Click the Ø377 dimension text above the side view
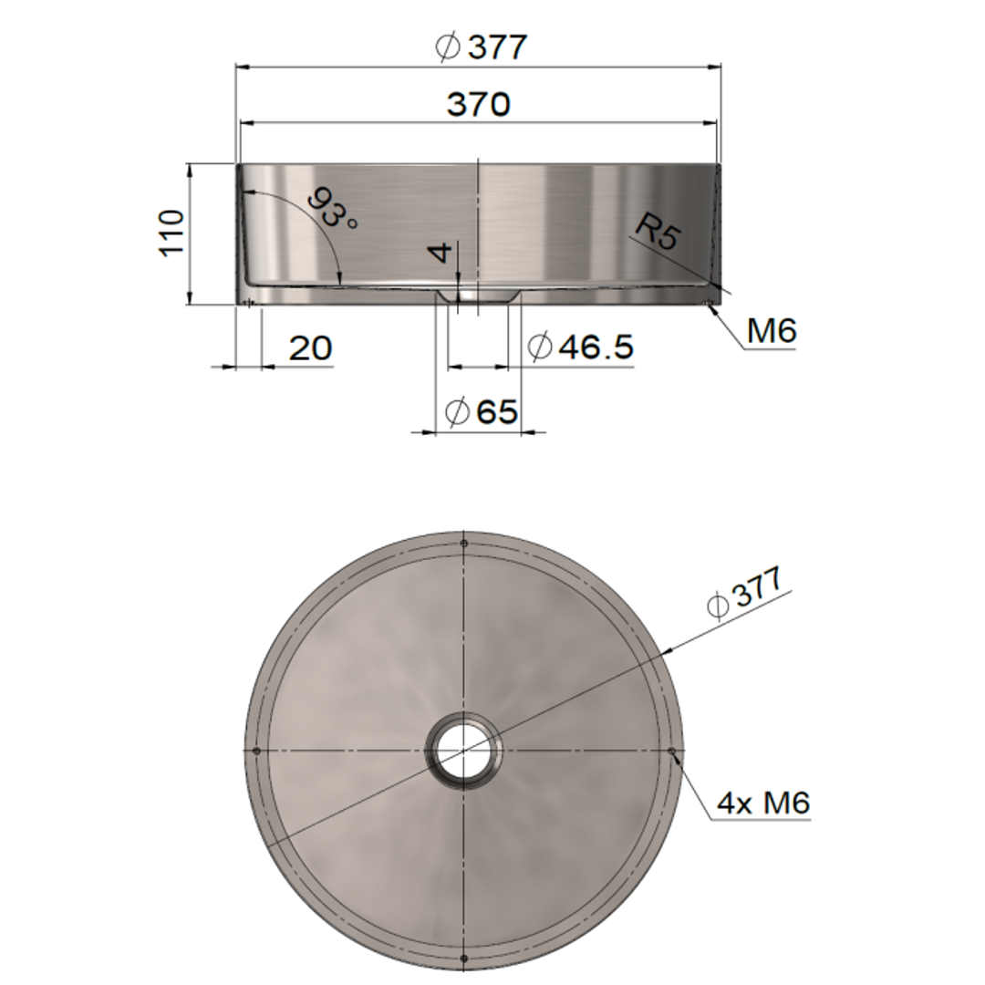(x=482, y=47)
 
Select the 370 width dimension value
(x=478, y=105)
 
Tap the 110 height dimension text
(x=171, y=233)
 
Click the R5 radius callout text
(x=658, y=232)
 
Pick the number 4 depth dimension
(x=442, y=252)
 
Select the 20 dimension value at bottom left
(x=310, y=347)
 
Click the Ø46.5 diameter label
(x=580, y=347)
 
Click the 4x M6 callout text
(x=763, y=804)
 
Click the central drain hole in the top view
(x=464, y=751)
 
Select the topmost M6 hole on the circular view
(x=464, y=544)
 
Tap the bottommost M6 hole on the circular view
(x=464, y=958)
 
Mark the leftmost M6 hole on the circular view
(x=256, y=751)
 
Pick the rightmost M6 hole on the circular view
(x=672, y=751)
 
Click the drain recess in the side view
(x=477, y=296)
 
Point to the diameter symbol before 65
(x=457, y=412)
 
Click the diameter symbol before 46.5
(x=540, y=347)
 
